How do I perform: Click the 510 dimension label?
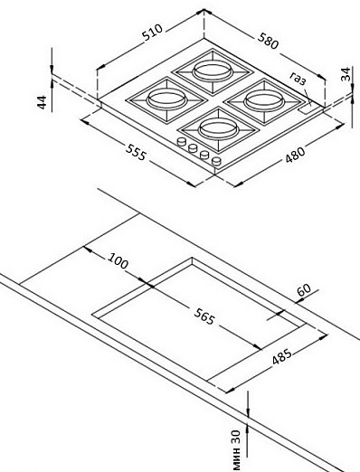point(153,33)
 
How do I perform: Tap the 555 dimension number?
point(136,152)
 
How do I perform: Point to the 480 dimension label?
point(295,155)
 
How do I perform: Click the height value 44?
point(42,102)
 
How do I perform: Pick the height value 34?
point(346,74)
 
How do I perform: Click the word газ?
point(298,79)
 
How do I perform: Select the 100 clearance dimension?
point(118,260)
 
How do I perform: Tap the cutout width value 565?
point(204,316)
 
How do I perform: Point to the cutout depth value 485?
point(282,356)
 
